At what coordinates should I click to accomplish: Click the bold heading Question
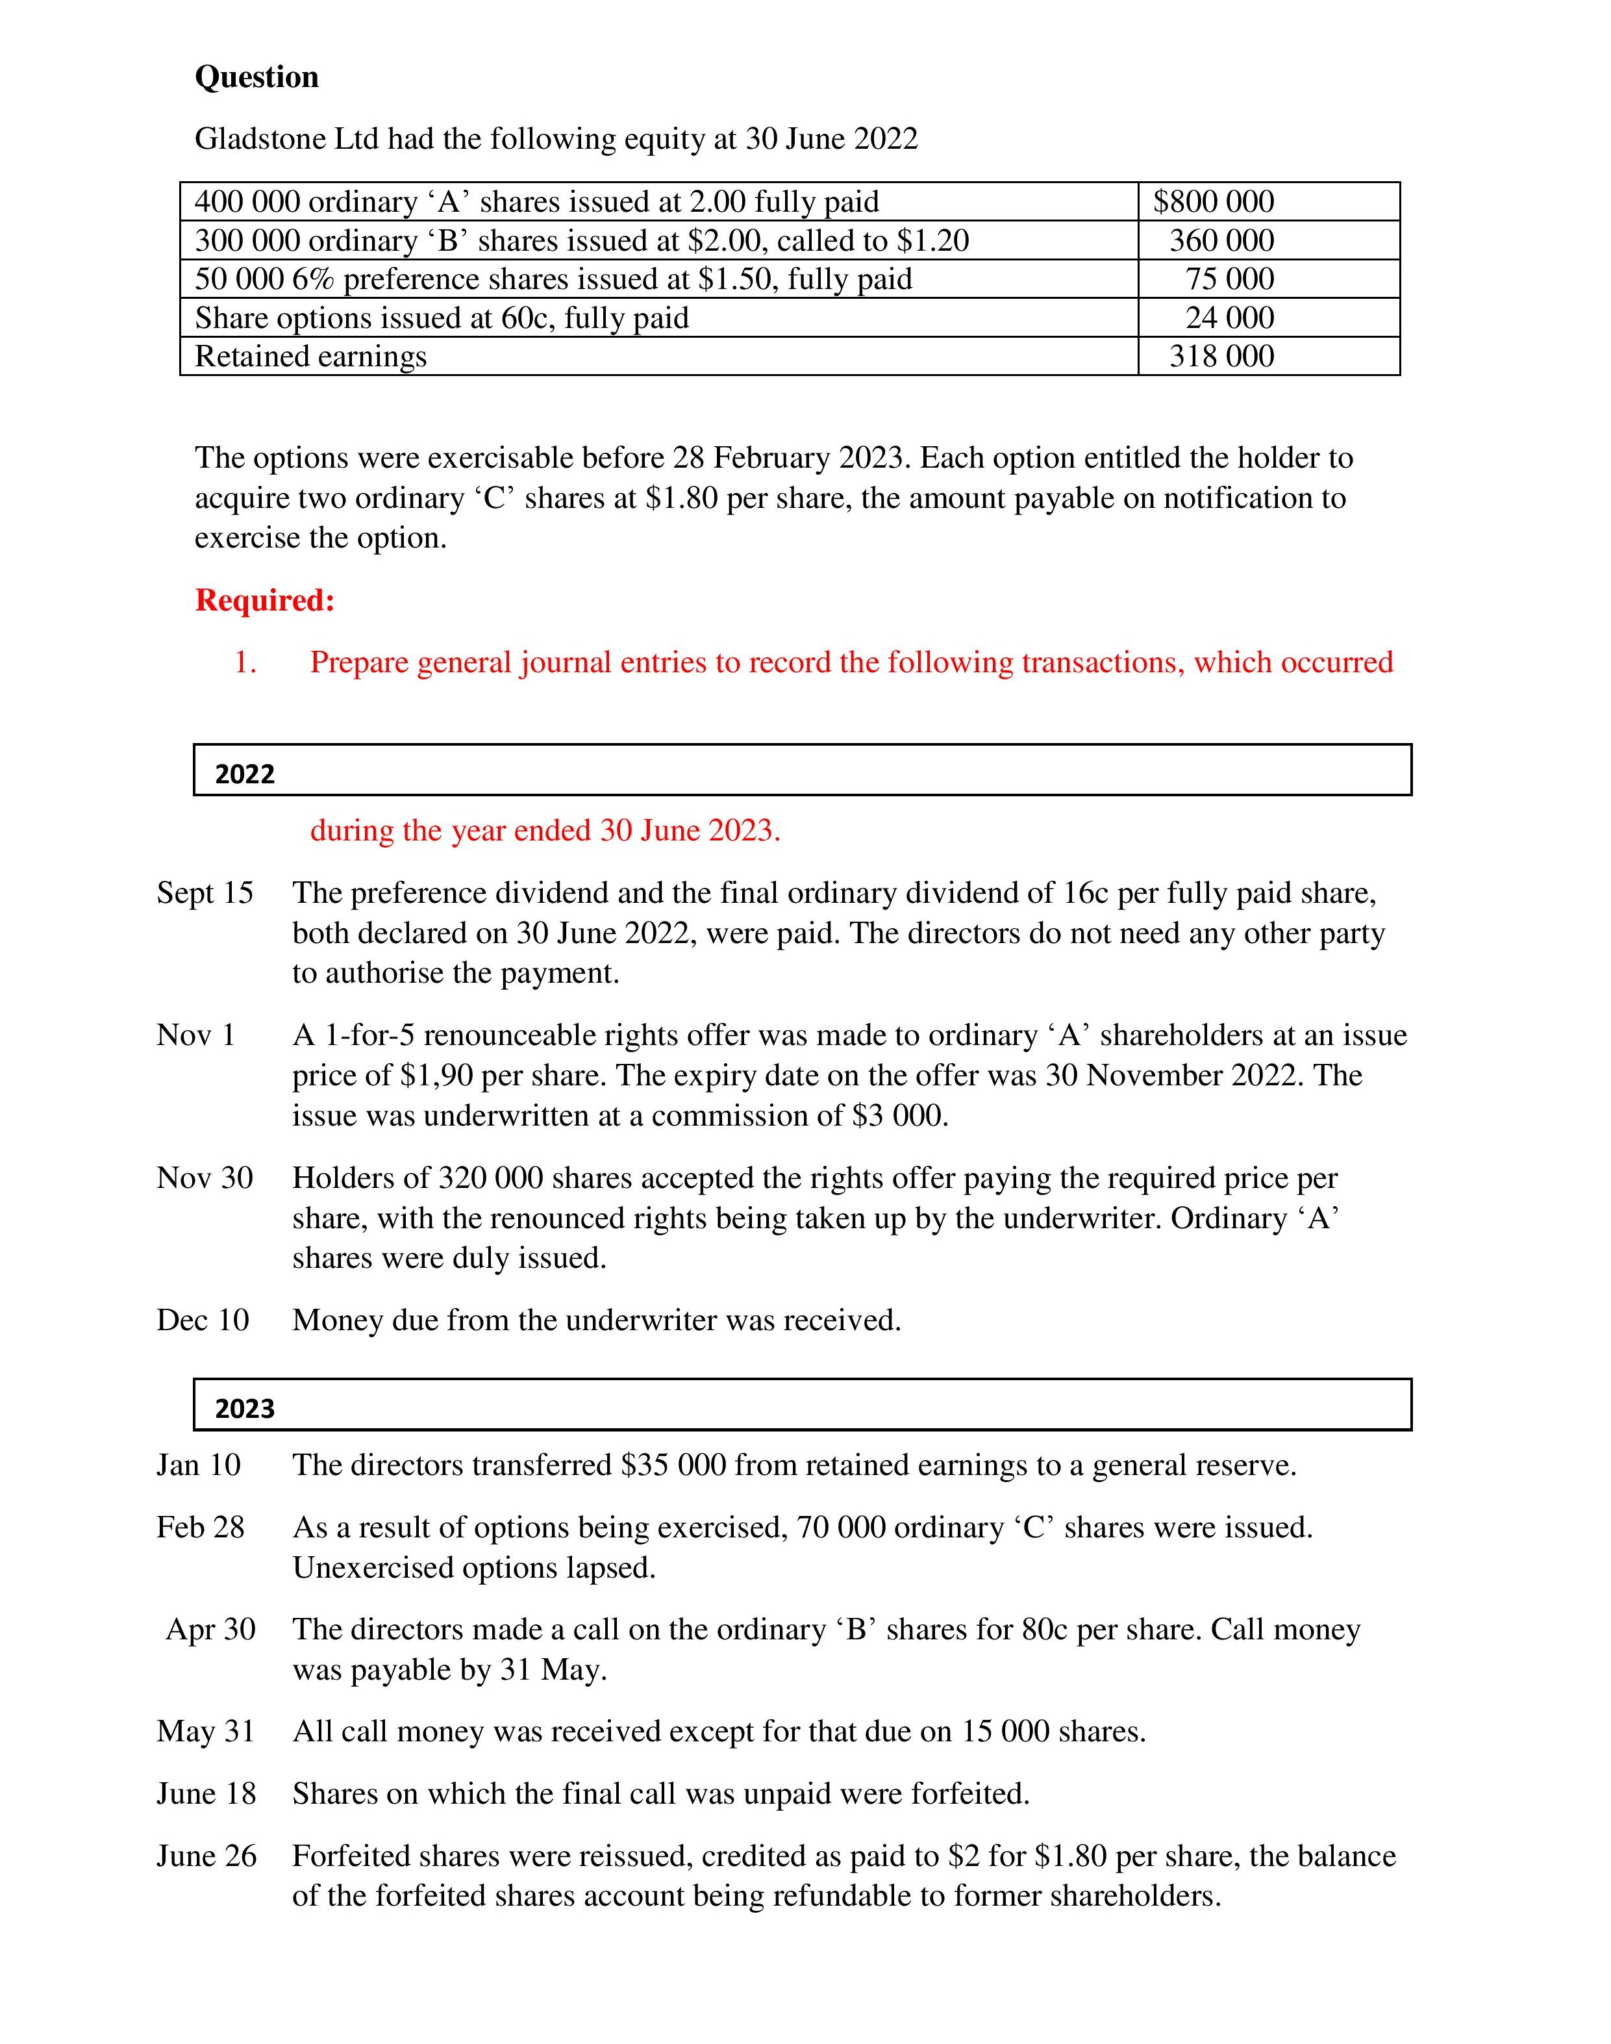(256, 77)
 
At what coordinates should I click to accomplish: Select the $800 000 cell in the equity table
(1213, 202)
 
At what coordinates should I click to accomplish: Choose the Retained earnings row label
(310, 357)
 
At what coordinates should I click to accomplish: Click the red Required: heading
(265, 600)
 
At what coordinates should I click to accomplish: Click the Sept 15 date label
(205, 892)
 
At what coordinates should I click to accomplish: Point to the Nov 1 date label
(195, 1035)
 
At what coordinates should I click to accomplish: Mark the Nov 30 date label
(205, 1177)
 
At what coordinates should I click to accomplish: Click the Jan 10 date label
(198, 1465)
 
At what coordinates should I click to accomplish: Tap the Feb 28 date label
(200, 1527)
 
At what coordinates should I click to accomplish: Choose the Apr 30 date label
(210, 1629)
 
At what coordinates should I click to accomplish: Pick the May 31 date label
(206, 1731)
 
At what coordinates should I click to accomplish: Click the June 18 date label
(206, 1793)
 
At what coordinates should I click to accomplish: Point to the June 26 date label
(206, 1856)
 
